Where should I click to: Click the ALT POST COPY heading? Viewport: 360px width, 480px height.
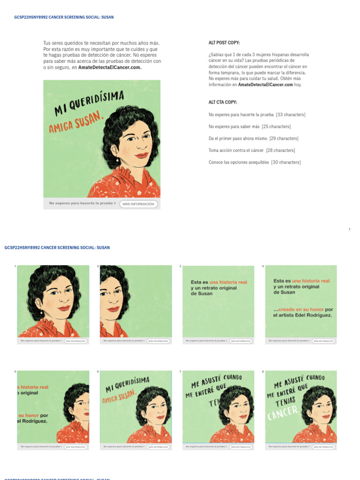point(224,43)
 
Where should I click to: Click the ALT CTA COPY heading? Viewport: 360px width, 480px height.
point(223,102)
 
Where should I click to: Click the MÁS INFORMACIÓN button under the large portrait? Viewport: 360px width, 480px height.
point(138,204)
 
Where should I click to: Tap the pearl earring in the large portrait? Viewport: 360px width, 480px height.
point(118,160)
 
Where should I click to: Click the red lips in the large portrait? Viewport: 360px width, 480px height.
point(141,155)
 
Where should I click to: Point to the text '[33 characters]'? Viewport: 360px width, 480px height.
point(291,115)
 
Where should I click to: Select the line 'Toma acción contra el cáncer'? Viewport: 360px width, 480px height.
point(236,150)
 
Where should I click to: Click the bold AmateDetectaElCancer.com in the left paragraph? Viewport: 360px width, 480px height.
point(110,67)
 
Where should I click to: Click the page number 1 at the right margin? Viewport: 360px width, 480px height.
point(349,229)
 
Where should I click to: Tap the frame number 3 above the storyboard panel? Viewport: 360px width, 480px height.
point(180,266)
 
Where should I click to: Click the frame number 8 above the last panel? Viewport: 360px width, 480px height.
point(263,372)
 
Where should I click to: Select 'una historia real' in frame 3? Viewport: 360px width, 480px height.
point(228,282)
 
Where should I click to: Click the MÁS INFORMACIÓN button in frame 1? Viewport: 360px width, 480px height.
point(75,341)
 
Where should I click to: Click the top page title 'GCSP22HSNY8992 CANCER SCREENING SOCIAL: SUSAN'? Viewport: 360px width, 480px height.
point(64,17)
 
